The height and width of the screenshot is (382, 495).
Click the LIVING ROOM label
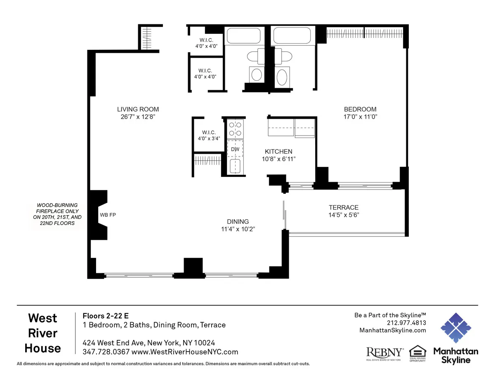tap(138, 109)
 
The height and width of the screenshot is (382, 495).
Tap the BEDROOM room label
tap(360, 109)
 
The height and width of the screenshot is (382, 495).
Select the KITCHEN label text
tap(278, 152)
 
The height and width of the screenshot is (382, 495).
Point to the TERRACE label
tap(343, 207)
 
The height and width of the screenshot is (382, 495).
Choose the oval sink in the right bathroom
tap(283, 77)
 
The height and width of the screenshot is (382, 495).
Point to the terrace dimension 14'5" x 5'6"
tap(343, 215)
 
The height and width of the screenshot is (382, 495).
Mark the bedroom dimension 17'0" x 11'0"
tap(360, 117)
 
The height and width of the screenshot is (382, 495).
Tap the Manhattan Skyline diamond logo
tap(455, 328)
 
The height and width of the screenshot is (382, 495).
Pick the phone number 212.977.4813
tap(406, 323)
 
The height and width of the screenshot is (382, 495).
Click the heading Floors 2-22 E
tap(106, 316)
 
